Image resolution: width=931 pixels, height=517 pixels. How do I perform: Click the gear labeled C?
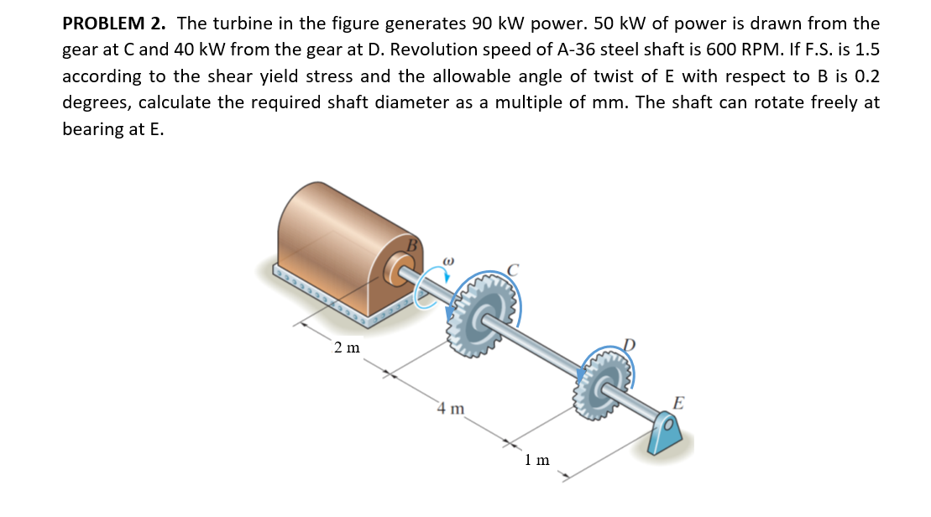point(482,315)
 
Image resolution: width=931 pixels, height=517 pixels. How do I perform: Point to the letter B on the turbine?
point(412,245)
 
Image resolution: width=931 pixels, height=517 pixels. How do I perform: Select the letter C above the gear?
point(513,270)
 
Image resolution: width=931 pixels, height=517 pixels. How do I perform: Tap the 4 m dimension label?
point(451,409)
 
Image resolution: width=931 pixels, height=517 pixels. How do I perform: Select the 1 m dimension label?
point(537,460)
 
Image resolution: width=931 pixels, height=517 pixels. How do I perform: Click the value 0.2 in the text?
point(866,76)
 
